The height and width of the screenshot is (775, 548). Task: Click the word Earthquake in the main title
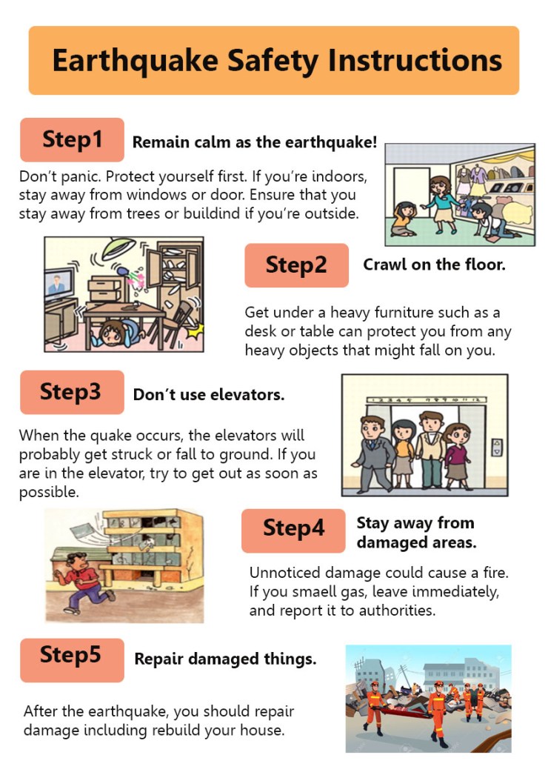[x=136, y=61]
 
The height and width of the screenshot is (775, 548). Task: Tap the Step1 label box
[x=72, y=140]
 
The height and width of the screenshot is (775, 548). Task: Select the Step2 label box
[x=296, y=265]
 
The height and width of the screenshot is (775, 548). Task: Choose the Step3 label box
[x=72, y=392]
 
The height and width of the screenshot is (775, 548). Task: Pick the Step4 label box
[x=293, y=530]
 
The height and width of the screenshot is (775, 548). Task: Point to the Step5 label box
[x=72, y=660]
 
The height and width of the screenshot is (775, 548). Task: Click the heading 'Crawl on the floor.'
[x=435, y=265]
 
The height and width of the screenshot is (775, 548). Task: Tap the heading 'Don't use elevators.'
[x=209, y=394]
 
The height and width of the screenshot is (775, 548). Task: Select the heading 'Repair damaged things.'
[x=225, y=659]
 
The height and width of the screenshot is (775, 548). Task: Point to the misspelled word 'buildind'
[x=213, y=213]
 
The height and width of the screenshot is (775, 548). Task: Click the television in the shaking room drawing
[x=59, y=284]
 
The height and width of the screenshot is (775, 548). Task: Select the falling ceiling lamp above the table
[x=118, y=248]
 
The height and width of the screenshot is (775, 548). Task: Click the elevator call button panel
[x=497, y=448]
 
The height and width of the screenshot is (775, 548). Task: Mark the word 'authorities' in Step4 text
[x=396, y=611]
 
